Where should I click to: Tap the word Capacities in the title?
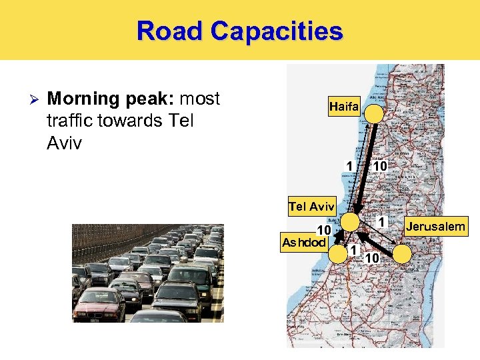click(x=276, y=31)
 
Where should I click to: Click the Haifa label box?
click(x=343, y=107)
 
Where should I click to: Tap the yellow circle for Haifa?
click(x=374, y=113)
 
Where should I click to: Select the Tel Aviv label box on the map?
click(x=311, y=206)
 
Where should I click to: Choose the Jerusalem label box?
click(x=436, y=227)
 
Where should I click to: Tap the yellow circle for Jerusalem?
click(x=402, y=253)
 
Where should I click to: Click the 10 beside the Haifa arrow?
click(x=380, y=165)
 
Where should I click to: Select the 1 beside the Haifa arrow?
click(x=349, y=165)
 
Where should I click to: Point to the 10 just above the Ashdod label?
click(x=323, y=230)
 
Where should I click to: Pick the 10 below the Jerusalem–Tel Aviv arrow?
click(x=373, y=257)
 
